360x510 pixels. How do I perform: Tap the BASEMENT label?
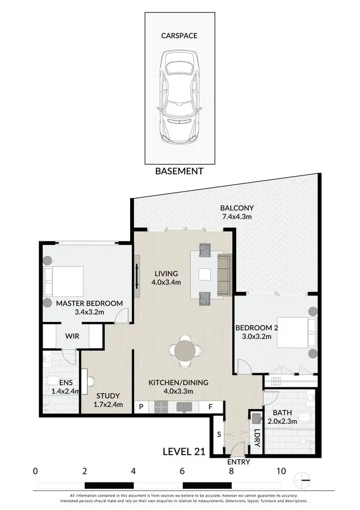179,170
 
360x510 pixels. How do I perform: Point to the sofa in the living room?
224,275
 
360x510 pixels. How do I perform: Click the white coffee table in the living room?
205,275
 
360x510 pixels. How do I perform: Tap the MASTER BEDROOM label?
89,304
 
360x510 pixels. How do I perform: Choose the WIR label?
72,336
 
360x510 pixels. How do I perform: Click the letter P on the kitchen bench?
142,407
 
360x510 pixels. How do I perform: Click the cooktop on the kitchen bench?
160,407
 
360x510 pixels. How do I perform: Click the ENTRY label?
239,462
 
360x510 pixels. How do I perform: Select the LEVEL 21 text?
184,451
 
